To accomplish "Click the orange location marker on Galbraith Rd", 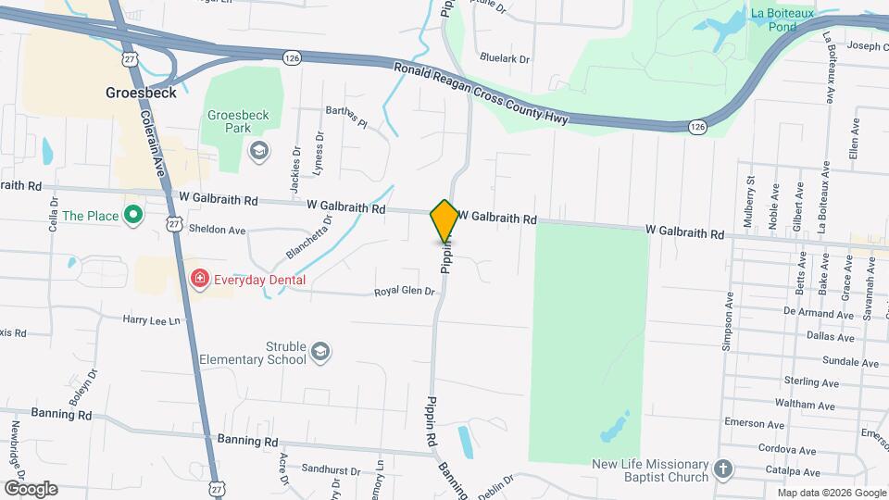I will click(x=444, y=220).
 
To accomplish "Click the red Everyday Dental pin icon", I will click(x=199, y=279).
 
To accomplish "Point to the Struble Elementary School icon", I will click(x=320, y=352).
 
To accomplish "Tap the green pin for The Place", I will click(x=132, y=216).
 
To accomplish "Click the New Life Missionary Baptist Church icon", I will click(x=724, y=470).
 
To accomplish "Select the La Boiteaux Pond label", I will click(x=783, y=19).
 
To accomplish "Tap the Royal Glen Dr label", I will click(x=404, y=292).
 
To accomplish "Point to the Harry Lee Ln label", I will click(x=152, y=319).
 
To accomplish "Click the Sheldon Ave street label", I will click(x=217, y=230).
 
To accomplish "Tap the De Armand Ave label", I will click(x=817, y=314).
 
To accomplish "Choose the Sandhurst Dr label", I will click(x=331, y=470).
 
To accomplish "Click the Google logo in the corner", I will click(x=31, y=488).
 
